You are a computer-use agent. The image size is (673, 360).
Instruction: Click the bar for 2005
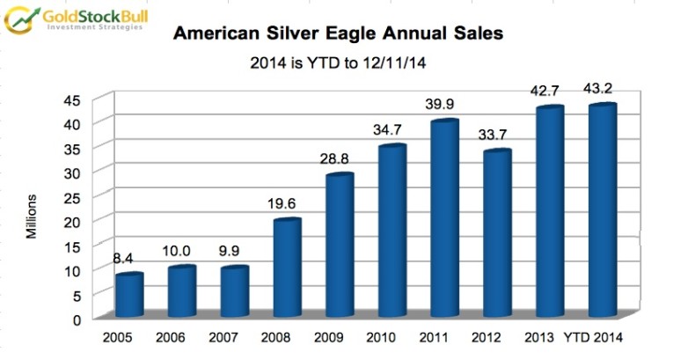coord(130,295)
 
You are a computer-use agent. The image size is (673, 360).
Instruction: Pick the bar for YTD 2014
coord(602,211)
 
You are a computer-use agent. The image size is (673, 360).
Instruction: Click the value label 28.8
coord(338,158)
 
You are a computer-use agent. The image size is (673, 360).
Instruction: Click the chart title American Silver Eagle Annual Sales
coord(337,34)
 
